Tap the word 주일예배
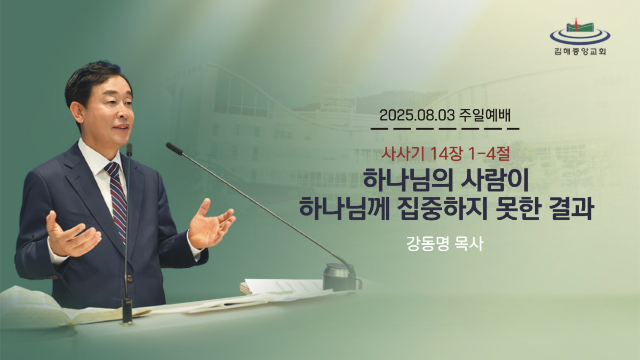pyautogui.click(x=485, y=115)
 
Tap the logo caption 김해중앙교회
pyautogui.click(x=580, y=51)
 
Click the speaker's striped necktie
pyautogui.click(x=118, y=200)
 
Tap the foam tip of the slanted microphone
pyautogui.click(x=174, y=148)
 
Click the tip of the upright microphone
pyautogui.click(x=129, y=149)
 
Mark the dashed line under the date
pyautogui.click(x=445, y=129)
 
